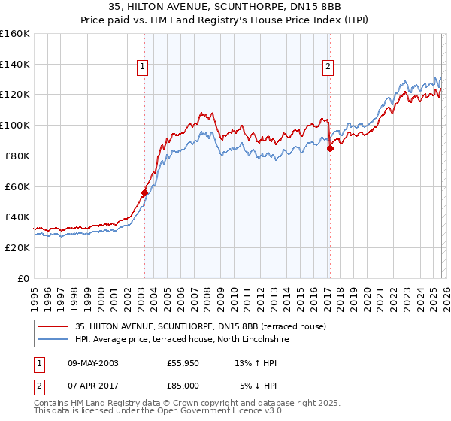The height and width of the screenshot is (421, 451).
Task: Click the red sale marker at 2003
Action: tap(144, 192)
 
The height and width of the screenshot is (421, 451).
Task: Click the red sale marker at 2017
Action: tap(329, 147)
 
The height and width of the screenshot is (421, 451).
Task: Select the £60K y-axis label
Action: tap(17, 186)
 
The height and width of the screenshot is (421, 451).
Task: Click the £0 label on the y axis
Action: tap(24, 278)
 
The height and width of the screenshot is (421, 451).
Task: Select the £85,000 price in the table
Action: tap(183, 385)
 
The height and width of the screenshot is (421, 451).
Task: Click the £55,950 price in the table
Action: tap(183, 363)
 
